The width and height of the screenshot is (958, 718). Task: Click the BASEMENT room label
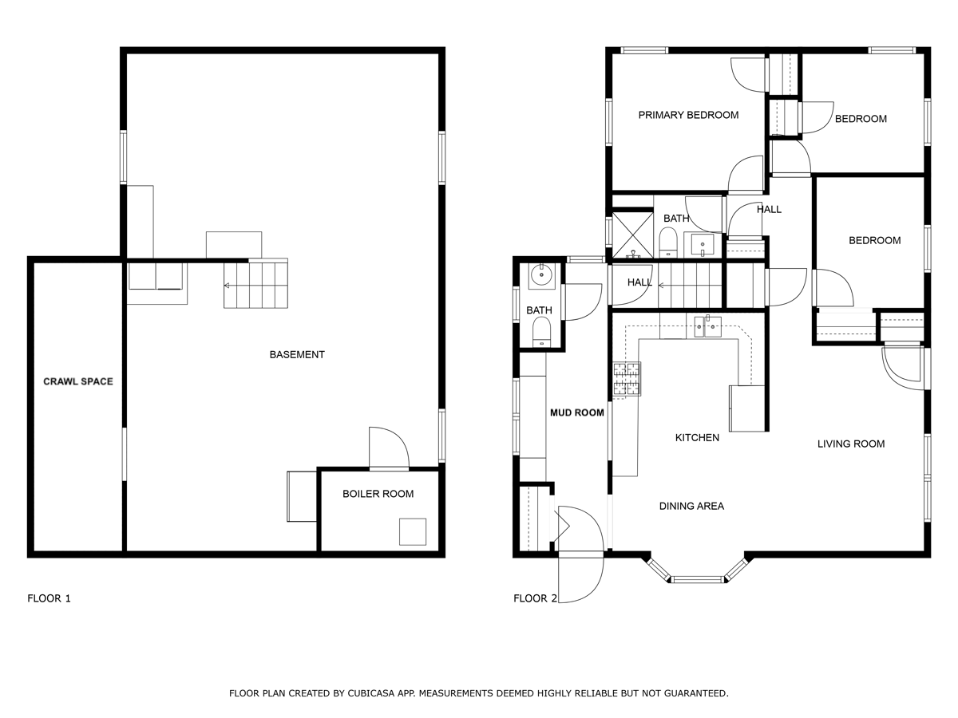point(297,354)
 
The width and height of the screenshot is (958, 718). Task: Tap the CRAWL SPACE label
point(78,381)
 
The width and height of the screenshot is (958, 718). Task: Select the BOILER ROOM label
point(378,494)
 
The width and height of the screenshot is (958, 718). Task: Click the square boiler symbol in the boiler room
point(413,531)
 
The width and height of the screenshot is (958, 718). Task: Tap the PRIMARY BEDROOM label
point(688,115)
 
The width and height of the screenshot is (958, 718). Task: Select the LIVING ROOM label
point(851,444)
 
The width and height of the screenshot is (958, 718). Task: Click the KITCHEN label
point(697,438)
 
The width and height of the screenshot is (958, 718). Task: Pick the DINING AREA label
point(691,506)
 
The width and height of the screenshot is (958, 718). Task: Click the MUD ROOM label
point(577,412)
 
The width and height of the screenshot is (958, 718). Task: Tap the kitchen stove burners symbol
point(627,379)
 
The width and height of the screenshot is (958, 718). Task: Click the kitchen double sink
point(707,326)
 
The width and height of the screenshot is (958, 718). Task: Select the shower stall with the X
point(633,235)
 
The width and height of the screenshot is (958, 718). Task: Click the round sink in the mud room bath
point(541,275)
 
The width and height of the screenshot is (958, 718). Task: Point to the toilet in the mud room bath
point(541,332)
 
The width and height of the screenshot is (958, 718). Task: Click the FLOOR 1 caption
point(49,598)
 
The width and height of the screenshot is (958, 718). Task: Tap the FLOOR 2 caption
point(535,598)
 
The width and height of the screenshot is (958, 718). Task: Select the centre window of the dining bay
point(697,579)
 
